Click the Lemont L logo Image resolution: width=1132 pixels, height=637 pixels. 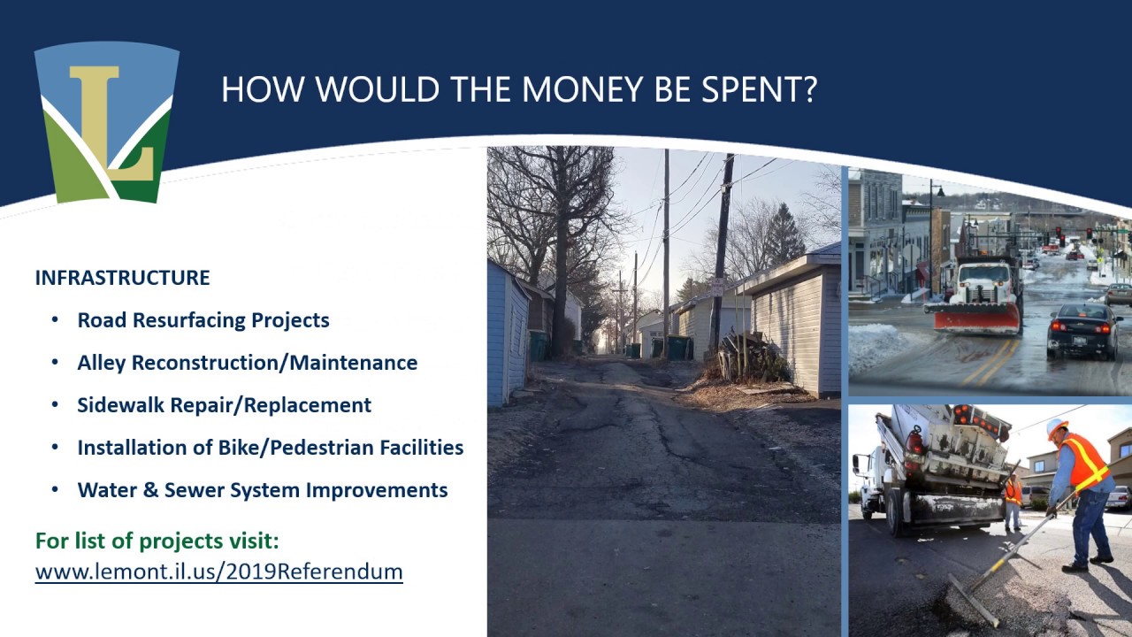click(107, 121)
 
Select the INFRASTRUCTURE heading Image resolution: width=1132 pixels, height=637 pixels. click(122, 278)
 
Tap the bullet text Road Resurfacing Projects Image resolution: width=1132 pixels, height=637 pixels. click(203, 320)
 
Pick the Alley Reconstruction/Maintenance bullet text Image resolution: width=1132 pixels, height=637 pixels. click(247, 363)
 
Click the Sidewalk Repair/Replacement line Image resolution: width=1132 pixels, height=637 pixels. click(224, 405)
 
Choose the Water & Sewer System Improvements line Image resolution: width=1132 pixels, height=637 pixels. click(262, 490)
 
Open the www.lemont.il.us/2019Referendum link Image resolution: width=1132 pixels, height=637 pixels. click(218, 572)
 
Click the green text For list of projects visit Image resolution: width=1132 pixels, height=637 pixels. click(157, 541)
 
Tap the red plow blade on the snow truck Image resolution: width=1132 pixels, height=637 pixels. click(976, 317)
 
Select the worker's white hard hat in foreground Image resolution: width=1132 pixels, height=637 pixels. click(1056, 426)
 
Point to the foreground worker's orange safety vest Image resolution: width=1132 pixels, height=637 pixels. click(1085, 462)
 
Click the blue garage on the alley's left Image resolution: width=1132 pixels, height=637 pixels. click(507, 336)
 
